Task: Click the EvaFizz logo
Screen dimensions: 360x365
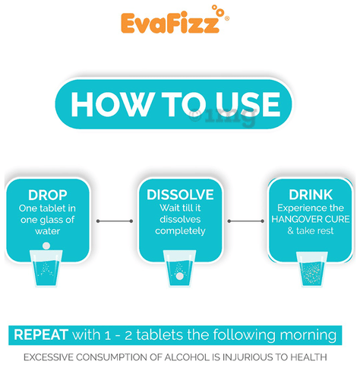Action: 175,20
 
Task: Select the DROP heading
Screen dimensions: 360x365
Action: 48,195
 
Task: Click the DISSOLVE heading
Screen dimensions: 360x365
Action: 180,195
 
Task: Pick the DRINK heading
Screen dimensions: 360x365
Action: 311,195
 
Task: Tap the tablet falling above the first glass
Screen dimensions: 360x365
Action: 46,246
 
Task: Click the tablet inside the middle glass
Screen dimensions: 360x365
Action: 179,276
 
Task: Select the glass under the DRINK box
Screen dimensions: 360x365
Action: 312,269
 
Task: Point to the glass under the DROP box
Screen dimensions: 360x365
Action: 46,268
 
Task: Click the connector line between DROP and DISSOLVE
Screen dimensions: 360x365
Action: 115,221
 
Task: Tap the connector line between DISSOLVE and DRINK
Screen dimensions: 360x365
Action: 245,221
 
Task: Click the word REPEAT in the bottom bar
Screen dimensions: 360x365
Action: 41,335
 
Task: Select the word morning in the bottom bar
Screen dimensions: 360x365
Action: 308,335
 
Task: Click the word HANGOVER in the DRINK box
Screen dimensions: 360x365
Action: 291,219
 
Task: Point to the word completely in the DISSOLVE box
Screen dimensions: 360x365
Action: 180,231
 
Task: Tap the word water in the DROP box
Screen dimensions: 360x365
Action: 48,231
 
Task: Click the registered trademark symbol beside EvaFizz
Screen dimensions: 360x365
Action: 227,18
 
